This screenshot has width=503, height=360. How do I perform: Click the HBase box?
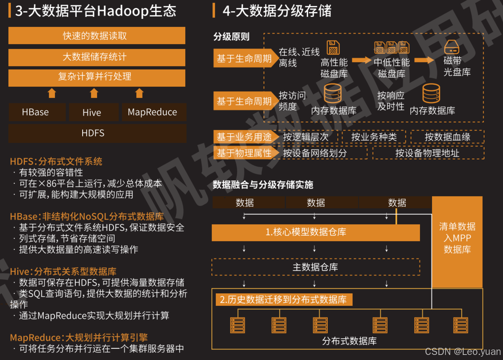[x=37, y=112]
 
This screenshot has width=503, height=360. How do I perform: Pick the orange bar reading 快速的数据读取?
[x=97, y=36]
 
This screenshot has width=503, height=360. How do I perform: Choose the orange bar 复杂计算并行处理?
[x=97, y=77]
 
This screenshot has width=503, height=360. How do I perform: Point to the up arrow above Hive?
[x=94, y=93]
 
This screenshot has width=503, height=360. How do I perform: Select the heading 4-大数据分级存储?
[x=277, y=11]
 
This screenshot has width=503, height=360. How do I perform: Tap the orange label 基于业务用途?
[x=244, y=137]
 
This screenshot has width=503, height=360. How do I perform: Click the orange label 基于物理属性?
[x=244, y=153]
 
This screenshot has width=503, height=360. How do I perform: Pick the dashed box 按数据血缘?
[x=447, y=137]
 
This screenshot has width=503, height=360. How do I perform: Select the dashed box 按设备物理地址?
[x=428, y=153]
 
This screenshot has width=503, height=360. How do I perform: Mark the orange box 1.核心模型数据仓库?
[x=315, y=232]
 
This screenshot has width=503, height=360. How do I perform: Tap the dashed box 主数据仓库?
[x=315, y=267]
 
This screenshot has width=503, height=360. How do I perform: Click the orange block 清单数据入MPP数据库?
[x=457, y=238]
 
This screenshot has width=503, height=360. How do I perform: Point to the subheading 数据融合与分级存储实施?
[x=263, y=185]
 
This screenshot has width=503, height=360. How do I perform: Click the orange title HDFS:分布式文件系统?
[x=56, y=162]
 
